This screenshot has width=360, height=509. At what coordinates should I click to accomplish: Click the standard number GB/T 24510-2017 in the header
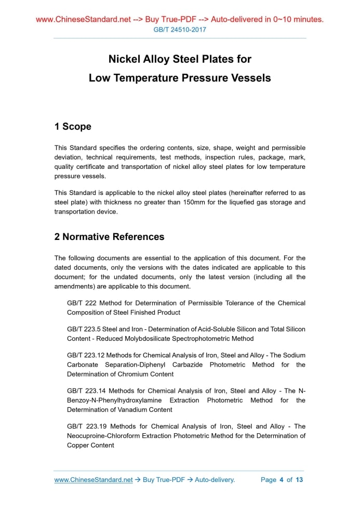point(180,30)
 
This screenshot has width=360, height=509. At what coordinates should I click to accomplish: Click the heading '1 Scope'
point(73,127)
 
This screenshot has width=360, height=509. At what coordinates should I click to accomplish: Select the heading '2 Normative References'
point(109,237)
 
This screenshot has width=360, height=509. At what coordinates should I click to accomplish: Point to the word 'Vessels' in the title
point(250,78)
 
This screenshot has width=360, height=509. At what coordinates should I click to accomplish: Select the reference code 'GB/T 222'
point(82,303)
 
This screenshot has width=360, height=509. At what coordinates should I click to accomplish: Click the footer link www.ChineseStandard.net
point(94,480)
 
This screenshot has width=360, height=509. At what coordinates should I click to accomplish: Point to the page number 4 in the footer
point(281,480)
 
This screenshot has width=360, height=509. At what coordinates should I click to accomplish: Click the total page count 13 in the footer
point(299,480)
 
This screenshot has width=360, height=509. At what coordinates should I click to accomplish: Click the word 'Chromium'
point(123,374)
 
